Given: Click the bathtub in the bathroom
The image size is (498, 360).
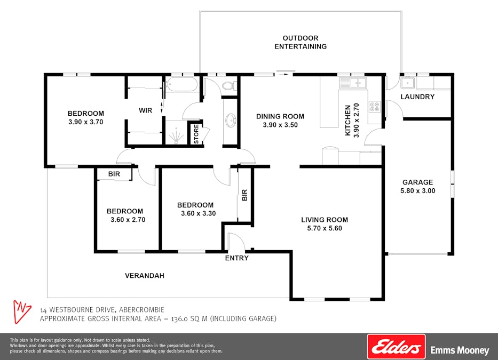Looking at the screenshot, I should (181, 85).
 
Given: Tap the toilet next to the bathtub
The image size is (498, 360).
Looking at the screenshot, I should (228, 85).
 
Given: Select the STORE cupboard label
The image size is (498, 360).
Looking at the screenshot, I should (196, 134).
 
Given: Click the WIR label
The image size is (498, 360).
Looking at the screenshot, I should (145, 111).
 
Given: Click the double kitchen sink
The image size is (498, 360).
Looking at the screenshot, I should (353, 83).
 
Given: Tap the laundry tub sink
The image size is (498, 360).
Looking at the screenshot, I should (408, 83).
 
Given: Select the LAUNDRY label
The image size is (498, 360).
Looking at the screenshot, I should (417, 97).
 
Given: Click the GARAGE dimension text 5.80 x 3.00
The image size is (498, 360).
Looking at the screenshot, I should (417, 190).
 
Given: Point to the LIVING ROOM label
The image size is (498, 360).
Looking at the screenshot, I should (324, 220).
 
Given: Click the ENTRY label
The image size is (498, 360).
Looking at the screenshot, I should (236, 258).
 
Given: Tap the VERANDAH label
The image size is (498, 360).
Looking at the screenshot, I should (144, 276).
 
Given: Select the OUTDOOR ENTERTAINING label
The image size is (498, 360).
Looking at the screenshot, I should (301, 42).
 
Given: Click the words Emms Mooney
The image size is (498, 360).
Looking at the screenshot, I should (460, 350).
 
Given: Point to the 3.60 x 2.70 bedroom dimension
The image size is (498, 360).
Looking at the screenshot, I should (128, 219).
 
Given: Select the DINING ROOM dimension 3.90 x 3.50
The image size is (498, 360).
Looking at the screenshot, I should (280, 125).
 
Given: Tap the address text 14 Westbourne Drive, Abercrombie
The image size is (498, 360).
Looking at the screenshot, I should (102, 310).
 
